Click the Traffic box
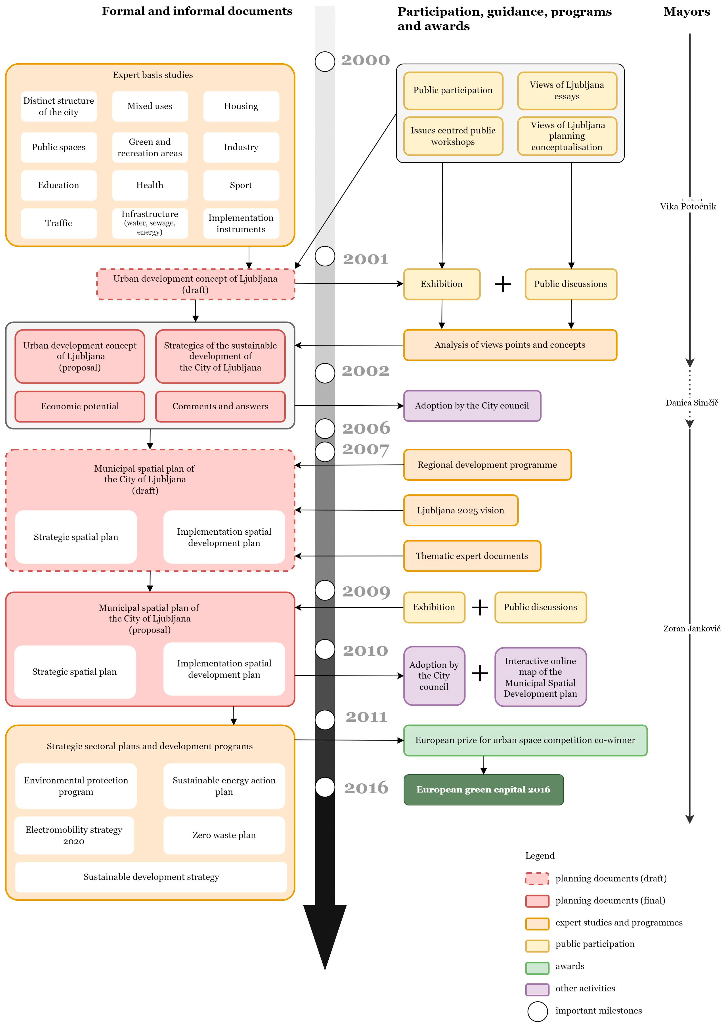59,223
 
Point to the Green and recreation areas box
150,147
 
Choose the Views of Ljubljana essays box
567,91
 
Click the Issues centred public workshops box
453,136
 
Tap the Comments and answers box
220,406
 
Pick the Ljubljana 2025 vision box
460,510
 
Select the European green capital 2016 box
483,790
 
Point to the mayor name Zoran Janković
691,629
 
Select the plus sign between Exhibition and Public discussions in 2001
502,284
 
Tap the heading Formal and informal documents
197,11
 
